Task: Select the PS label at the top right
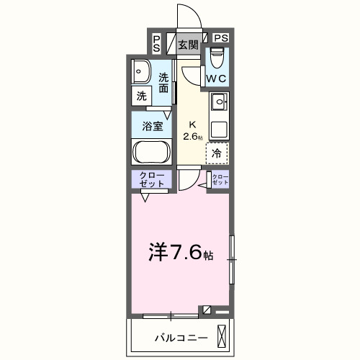point(220,38)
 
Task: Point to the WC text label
point(217,77)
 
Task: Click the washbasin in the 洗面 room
point(140,72)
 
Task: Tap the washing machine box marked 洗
point(140,94)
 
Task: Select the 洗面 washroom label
point(164,83)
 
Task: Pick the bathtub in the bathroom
point(150,153)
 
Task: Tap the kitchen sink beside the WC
point(219,102)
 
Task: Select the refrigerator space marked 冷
point(217,153)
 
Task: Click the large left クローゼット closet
point(150,180)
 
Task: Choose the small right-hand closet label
point(219,180)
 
